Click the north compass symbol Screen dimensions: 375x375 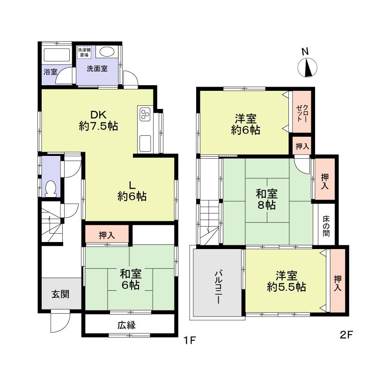pyautogui.click(x=308, y=68)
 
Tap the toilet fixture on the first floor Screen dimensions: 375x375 pyautogui.click(x=51, y=188)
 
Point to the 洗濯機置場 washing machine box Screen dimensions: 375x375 pyautogui.click(x=85, y=52)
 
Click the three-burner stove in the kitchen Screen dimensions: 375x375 pyautogui.click(x=144, y=114)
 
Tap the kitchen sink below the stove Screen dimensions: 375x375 pyautogui.click(x=144, y=142)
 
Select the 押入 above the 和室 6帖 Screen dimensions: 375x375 pyautogui.click(x=107, y=235)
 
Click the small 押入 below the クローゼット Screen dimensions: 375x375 pyautogui.click(x=302, y=146)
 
